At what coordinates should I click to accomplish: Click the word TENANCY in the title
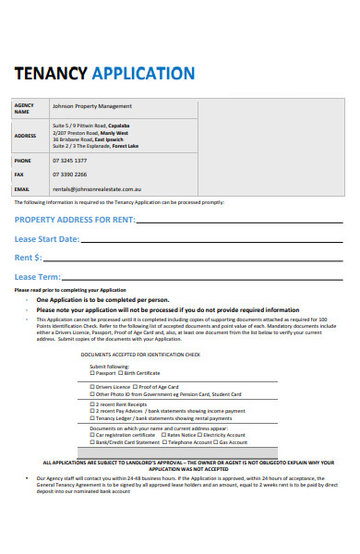(50, 74)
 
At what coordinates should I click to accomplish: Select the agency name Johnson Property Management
(92, 106)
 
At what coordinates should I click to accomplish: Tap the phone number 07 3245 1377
(69, 161)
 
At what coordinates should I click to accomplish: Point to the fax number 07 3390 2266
(69, 175)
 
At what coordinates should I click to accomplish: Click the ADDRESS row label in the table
(25, 135)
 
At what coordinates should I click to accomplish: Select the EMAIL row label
(22, 188)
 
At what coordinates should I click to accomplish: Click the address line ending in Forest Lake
(95, 146)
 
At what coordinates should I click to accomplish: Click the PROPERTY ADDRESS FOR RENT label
(74, 220)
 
